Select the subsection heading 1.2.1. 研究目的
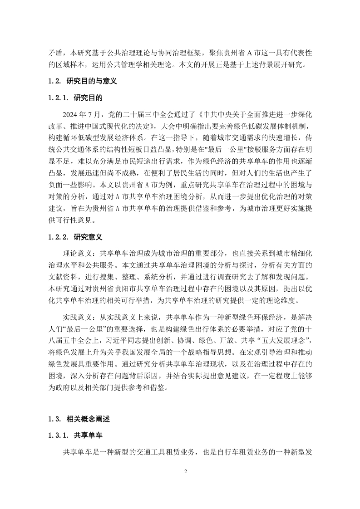[76, 98]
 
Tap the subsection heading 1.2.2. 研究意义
[76, 237]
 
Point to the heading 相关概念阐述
[89, 420]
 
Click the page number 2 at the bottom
[186, 471]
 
